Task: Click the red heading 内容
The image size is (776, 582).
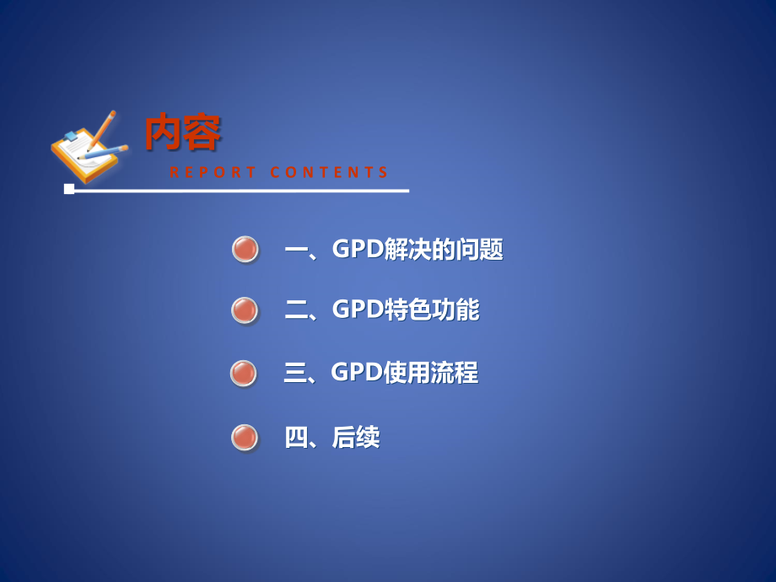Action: coord(182,132)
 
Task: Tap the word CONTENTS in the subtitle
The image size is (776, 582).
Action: coord(330,173)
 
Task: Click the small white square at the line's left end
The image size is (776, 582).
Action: coord(69,189)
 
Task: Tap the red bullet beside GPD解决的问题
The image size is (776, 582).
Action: coord(245,249)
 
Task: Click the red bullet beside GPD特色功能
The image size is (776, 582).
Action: coord(245,310)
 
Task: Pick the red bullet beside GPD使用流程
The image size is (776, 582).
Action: coord(244,373)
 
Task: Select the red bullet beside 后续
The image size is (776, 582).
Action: coord(245,437)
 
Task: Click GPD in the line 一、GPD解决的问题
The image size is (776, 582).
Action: coord(358,250)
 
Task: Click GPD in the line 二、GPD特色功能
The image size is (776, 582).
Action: coord(358,310)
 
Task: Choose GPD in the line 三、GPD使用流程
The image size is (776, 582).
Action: coord(357,373)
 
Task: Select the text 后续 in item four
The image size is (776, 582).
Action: coord(356,437)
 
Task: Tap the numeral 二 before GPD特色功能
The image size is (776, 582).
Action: coord(296,310)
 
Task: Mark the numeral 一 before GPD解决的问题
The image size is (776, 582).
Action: coord(296,250)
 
